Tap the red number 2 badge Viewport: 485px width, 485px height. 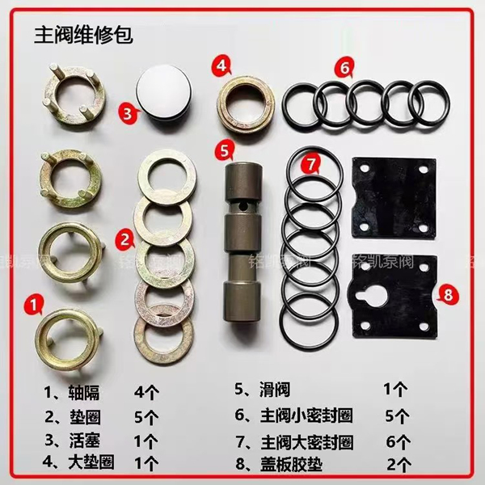pos(124,238)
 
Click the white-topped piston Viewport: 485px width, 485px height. pos(164,92)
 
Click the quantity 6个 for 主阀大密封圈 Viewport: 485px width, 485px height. pos(394,442)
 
